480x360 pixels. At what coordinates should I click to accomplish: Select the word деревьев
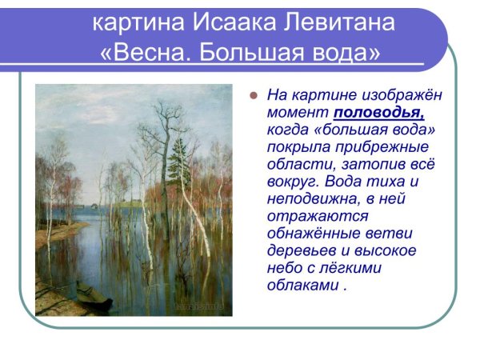pos(299,251)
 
